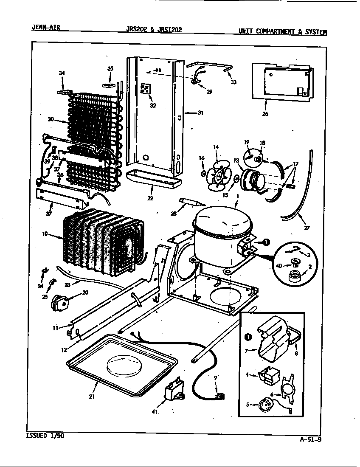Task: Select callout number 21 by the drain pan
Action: [91, 397]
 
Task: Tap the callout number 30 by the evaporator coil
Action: [51, 119]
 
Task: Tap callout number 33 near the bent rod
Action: [233, 82]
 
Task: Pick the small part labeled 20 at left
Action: [60, 302]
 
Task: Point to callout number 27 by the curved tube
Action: [307, 228]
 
